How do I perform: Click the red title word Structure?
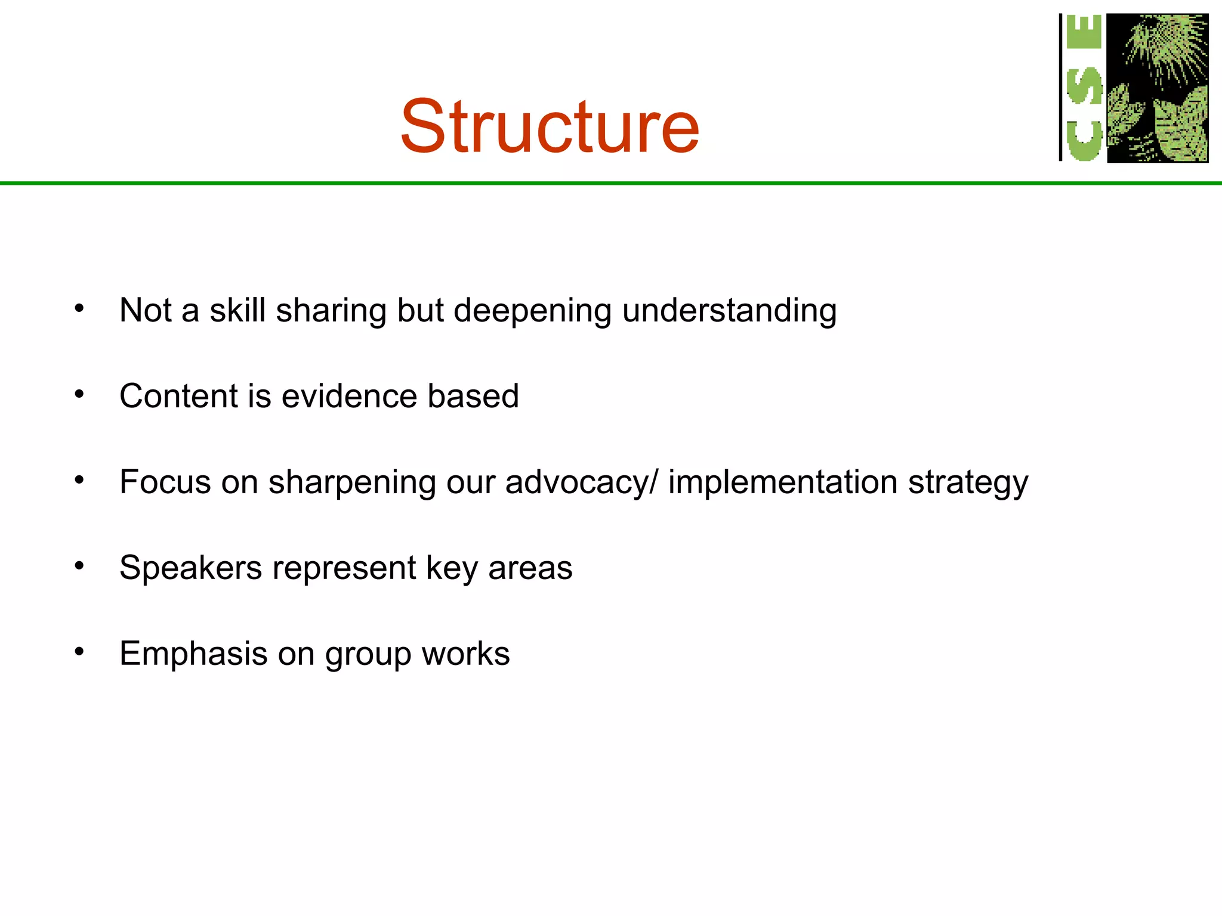point(549,126)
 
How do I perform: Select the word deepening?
point(532,311)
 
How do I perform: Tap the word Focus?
point(165,482)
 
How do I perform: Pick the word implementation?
point(782,482)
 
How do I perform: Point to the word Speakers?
point(190,568)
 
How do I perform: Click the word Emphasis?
point(193,654)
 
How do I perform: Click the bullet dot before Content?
point(79,394)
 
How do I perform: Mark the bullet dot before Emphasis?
point(79,652)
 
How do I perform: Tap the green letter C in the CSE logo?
point(1084,141)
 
